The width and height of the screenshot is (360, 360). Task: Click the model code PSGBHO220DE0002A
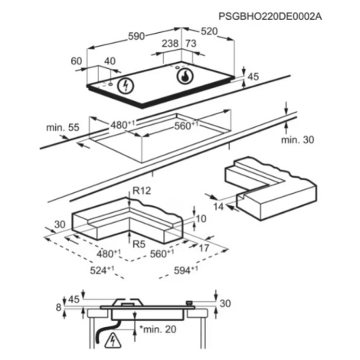(x=270, y=17)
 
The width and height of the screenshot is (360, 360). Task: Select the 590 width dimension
(x=136, y=37)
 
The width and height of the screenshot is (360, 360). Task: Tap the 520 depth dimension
(x=209, y=31)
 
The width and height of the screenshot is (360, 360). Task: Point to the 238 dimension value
(x=170, y=44)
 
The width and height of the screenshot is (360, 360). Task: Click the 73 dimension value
(x=191, y=44)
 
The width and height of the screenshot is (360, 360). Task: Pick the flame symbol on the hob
(x=185, y=76)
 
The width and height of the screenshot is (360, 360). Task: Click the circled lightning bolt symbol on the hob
(x=126, y=85)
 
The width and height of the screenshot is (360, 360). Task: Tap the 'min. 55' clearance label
(x=63, y=127)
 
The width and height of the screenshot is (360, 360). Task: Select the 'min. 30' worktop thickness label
(x=298, y=139)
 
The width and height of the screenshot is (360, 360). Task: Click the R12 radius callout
(x=142, y=191)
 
